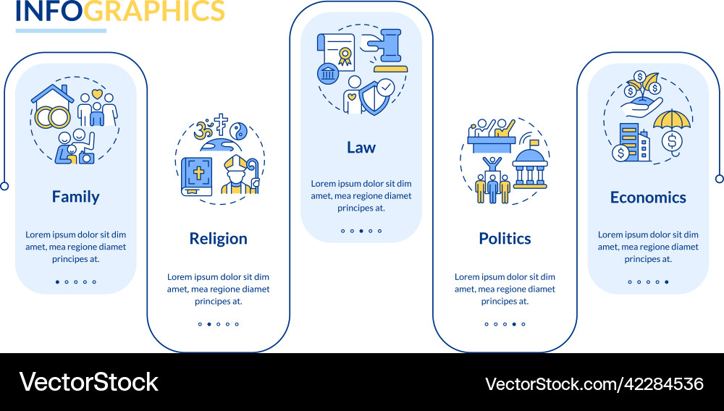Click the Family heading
pyautogui.click(x=75, y=197)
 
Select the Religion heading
pyautogui.click(x=218, y=239)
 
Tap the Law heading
pyautogui.click(x=361, y=148)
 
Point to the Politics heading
pyautogui.click(x=505, y=239)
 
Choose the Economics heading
pyautogui.click(x=648, y=198)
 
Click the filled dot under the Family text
pyautogui.click(x=57, y=282)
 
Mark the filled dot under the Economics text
pyautogui.click(x=667, y=282)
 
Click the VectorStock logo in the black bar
pyautogui.click(x=88, y=382)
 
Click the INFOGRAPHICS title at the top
pyautogui.click(x=120, y=11)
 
